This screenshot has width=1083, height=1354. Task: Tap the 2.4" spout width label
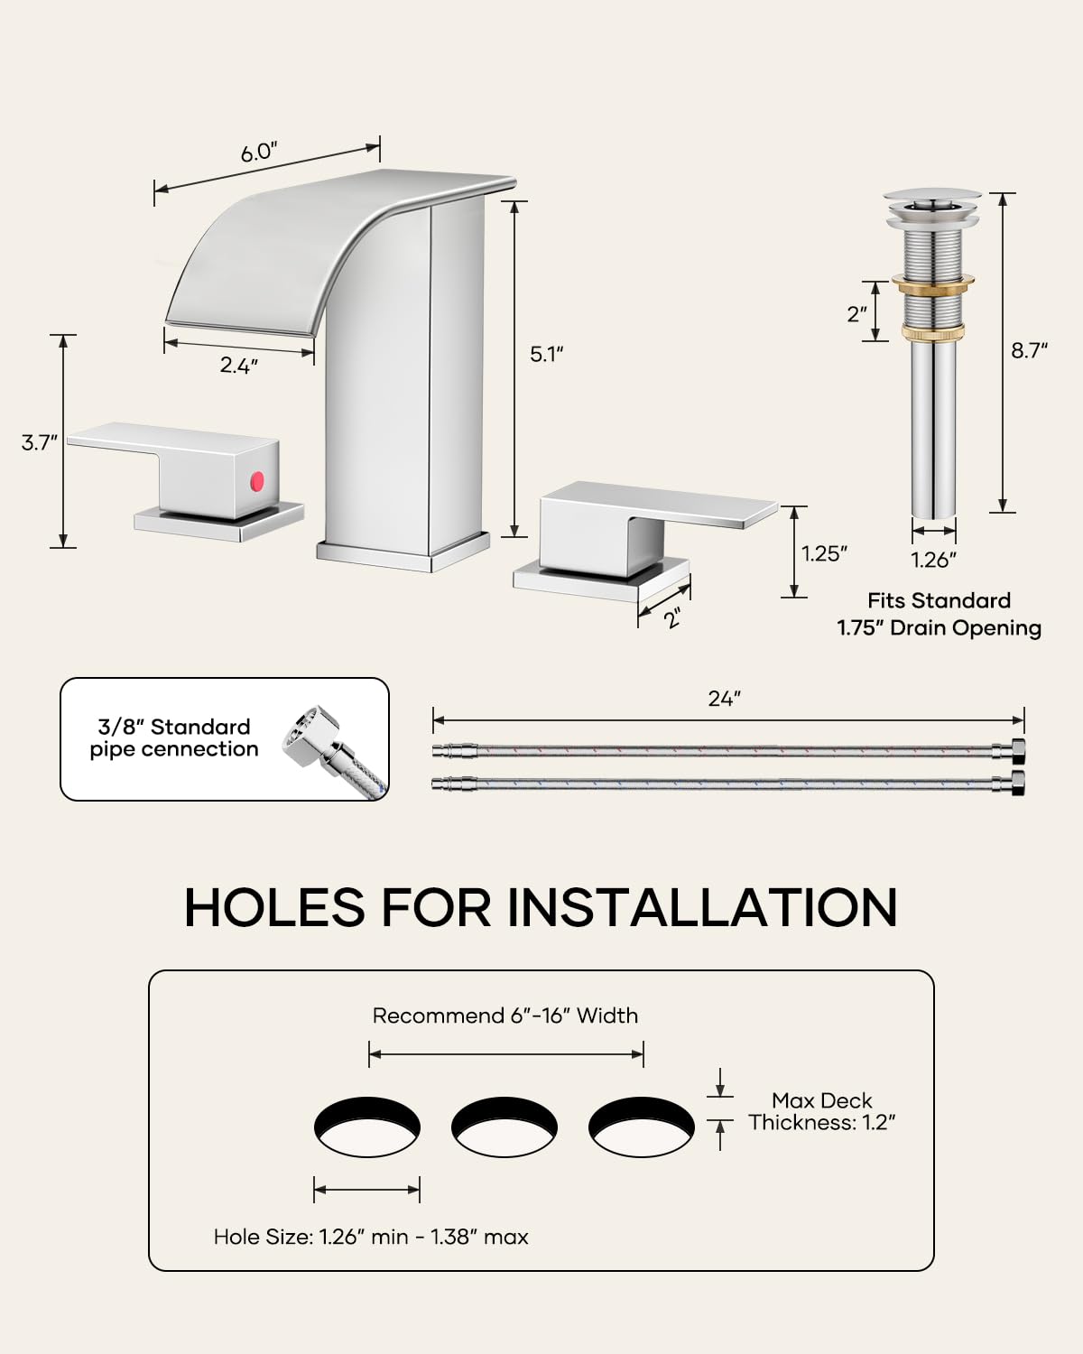(x=239, y=366)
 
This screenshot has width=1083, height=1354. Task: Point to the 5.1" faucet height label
(x=547, y=354)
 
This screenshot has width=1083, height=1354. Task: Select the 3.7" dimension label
(x=40, y=442)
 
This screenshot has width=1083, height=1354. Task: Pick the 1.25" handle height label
(x=825, y=553)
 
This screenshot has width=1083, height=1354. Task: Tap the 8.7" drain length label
(x=1029, y=350)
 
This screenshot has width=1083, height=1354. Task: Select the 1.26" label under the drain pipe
(x=933, y=560)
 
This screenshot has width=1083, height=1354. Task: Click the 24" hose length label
(x=724, y=699)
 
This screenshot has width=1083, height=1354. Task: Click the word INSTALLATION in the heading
(x=702, y=907)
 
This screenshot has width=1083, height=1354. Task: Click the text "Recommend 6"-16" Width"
(x=505, y=1015)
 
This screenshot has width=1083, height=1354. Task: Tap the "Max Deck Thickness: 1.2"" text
(x=821, y=1111)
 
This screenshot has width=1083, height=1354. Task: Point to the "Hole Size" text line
(x=371, y=1237)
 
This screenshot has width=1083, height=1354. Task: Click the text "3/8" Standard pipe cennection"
(x=174, y=738)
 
